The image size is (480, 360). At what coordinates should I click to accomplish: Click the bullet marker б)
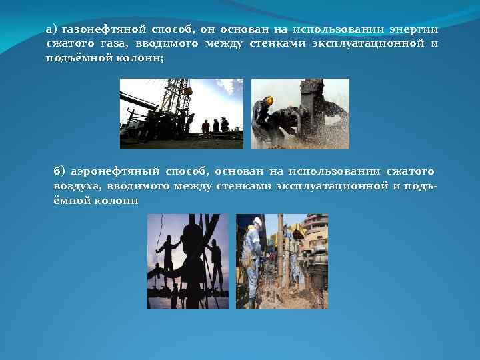tap(60, 172)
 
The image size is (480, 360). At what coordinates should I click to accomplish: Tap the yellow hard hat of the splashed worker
tap(268, 100)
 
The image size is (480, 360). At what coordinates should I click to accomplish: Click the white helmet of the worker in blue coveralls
tap(257, 221)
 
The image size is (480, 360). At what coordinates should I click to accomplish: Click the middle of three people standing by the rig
tap(215, 125)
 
